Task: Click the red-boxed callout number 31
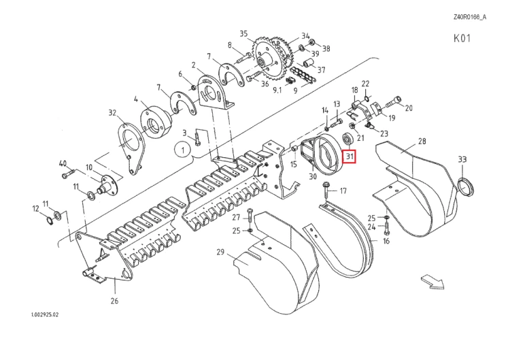tap(350, 157)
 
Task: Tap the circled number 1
tap(184, 150)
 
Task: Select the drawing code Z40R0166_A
tap(470, 17)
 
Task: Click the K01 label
tap(462, 38)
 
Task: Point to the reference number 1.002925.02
tap(45, 315)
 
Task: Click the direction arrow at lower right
tap(432, 282)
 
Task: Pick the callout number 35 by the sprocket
tap(243, 33)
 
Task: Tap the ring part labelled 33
tap(466, 188)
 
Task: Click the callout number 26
tap(114, 301)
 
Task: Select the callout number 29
tap(220, 252)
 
